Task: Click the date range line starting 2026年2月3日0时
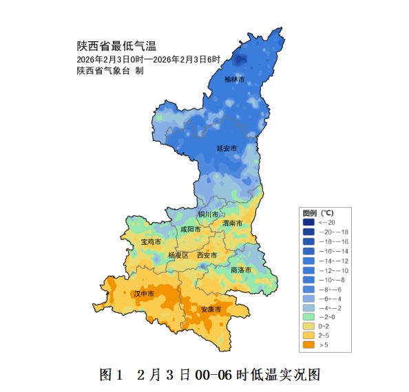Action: (148, 60)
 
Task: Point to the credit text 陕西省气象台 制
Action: (110, 71)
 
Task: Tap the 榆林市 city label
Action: (234, 80)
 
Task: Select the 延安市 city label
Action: (226, 149)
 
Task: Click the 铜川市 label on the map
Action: (207, 215)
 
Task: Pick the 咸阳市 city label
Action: (191, 229)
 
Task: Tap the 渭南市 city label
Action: (232, 224)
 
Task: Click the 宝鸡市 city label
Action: (151, 243)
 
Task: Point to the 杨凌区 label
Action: (178, 255)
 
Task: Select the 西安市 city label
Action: (207, 255)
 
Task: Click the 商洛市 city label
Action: (241, 270)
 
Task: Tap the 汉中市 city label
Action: (144, 294)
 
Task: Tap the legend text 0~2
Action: (326, 326)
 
